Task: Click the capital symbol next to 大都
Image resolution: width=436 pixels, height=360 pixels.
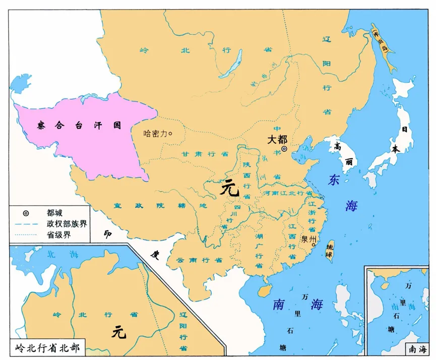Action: (284, 149)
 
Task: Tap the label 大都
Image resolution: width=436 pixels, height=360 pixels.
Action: (277, 139)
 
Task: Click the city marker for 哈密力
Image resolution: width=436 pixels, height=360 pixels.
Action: (170, 134)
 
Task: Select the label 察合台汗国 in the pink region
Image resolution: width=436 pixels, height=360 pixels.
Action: (79, 125)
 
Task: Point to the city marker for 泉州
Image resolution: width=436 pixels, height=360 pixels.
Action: (314, 246)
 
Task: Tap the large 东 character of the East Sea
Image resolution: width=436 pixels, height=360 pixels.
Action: (334, 181)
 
